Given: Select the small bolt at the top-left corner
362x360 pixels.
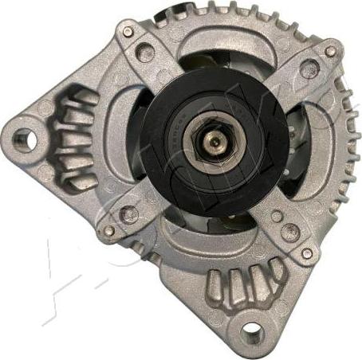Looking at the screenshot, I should (x=128, y=32).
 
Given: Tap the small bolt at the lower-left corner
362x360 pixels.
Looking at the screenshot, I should (x=108, y=231).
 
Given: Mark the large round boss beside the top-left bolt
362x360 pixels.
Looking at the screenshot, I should (x=144, y=53).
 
